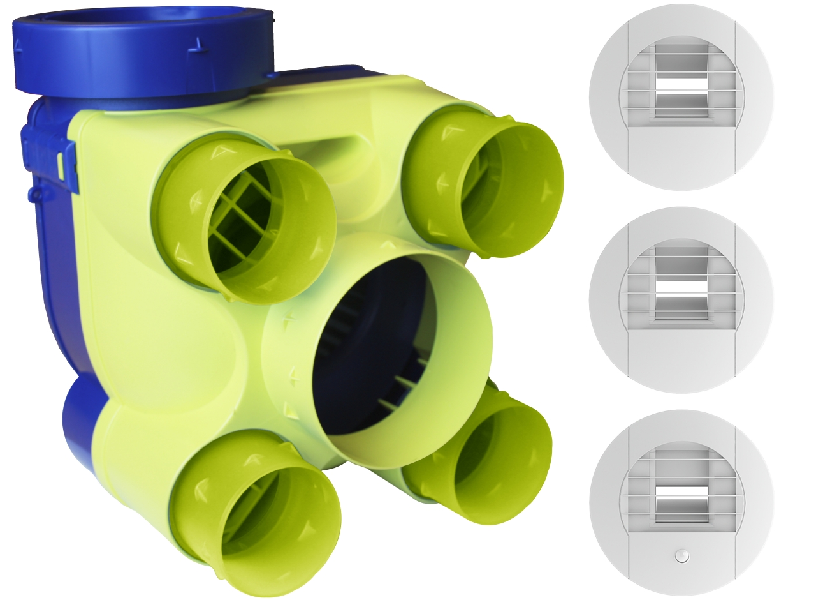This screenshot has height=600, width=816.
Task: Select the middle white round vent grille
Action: click(x=681, y=300)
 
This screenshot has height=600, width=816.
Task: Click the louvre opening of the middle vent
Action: click(x=681, y=287)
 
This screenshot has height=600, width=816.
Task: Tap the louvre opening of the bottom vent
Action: click(x=681, y=491)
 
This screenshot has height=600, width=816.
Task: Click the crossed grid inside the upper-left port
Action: click(x=239, y=211)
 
